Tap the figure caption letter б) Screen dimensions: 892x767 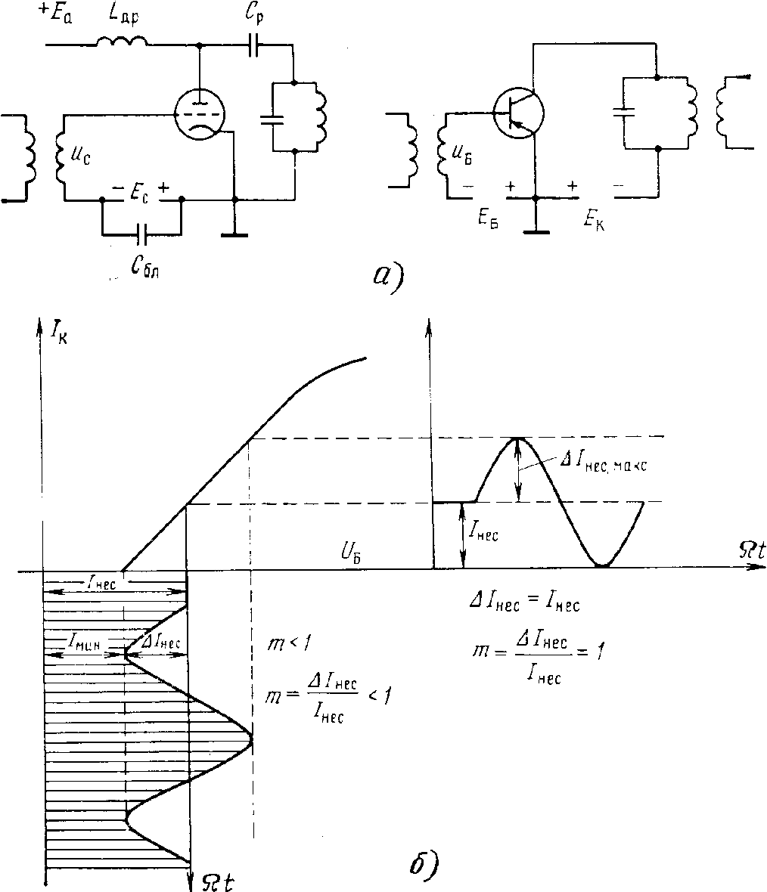(421, 863)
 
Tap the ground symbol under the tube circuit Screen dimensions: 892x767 (235, 234)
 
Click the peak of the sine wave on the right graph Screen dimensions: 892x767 (517, 438)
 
